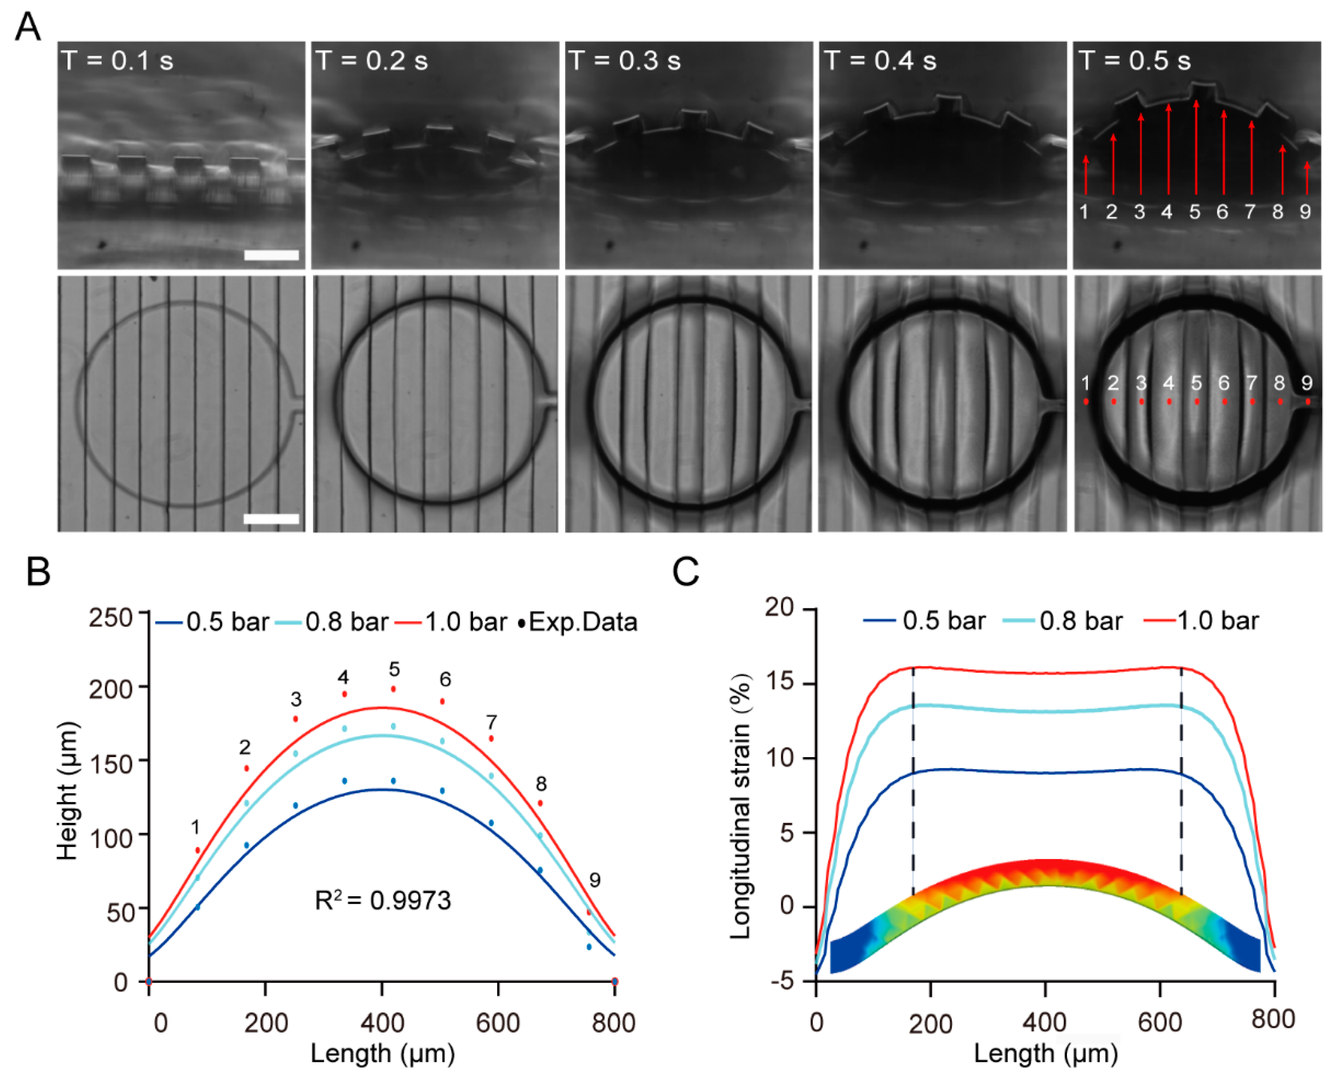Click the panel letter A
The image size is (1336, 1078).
point(27,27)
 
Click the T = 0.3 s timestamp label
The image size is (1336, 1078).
point(624,61)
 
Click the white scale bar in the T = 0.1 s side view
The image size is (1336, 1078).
point(271,255)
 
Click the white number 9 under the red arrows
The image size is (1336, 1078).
point(1305,212)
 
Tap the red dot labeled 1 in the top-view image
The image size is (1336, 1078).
point(1086,402)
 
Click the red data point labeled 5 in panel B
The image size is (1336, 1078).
point(393,689)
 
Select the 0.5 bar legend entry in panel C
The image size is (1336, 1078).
point(925,620)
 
